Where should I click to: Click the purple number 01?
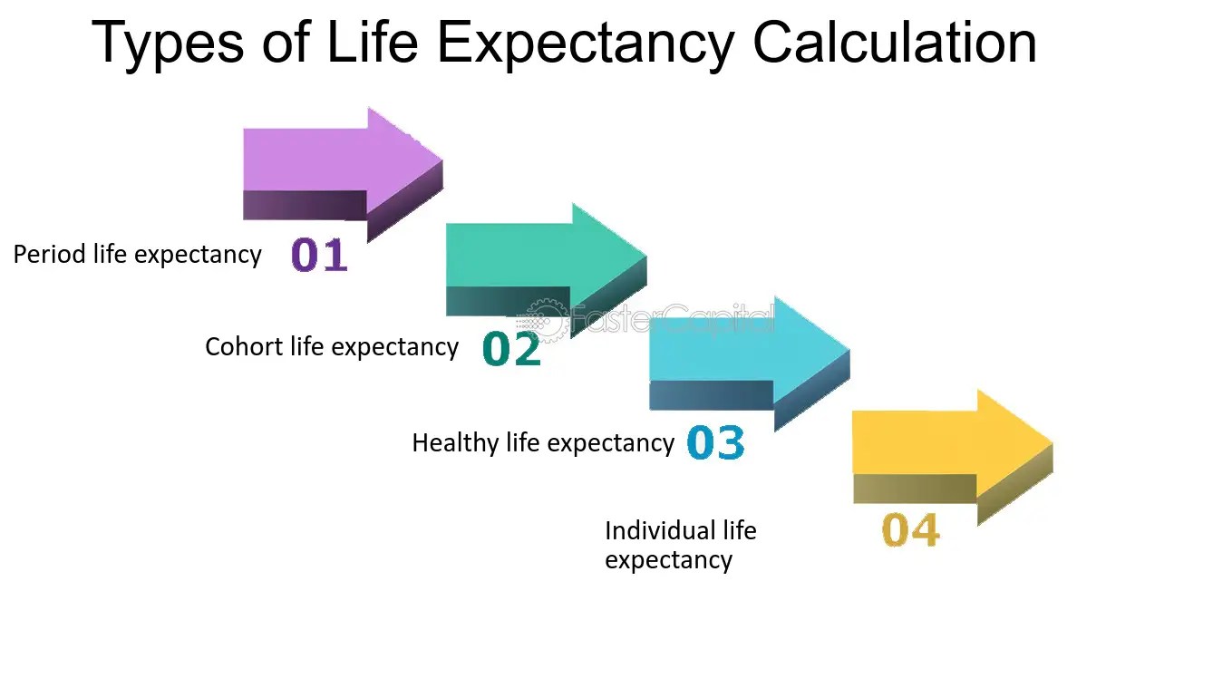tap(319, 256)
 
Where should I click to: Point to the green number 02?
tap(511, 349)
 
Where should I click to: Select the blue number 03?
tap(715, 443)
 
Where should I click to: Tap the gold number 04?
tap(910, 530)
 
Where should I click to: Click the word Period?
tap(50, 255)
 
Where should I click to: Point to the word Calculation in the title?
tap(895, 42)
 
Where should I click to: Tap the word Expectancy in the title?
tap(586, 44)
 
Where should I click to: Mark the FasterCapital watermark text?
tap(671, 320)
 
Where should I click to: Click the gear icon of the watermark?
tap(542, 320)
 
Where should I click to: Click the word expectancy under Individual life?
tap(668, 560)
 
